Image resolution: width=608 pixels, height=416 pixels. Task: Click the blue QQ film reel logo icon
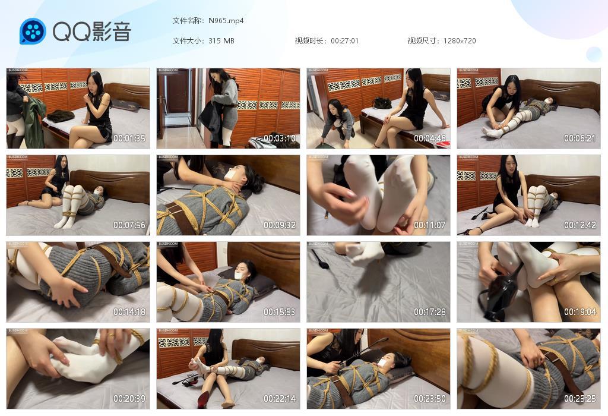(x=33, y=31)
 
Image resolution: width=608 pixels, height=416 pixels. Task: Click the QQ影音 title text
(x=92, y=31)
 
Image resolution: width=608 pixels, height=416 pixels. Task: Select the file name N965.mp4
(x=226, y=21)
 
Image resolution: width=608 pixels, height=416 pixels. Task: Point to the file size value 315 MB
(x=221, y=41)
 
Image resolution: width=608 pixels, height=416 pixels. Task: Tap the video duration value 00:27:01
(x=344, y=41)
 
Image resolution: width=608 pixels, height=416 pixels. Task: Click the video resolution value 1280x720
(x=460, y=41)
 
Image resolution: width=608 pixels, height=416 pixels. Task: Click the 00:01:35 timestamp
(x=129, y=138)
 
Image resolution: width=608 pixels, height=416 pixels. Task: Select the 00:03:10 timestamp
(x=280, y=138)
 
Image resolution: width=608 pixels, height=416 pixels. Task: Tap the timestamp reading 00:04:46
(x=430, y=138)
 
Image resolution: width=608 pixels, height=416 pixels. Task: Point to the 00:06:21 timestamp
(x=579, y=138)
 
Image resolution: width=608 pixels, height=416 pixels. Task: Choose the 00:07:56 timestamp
(x=129, y=225)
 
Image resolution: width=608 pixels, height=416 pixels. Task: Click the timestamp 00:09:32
(x=280, y=225)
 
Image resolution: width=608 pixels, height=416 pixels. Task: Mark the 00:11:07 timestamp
(x=430, y=225)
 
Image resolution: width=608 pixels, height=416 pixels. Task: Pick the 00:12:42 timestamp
(x=579, y=225)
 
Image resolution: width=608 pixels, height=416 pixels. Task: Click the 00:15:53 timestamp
(x=280, y=312)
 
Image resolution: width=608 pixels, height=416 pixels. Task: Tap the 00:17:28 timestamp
(x=430, y=312)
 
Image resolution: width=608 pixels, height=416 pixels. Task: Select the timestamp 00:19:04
(x=579, y=312)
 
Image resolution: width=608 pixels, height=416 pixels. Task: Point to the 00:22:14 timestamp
(x=280, y=399)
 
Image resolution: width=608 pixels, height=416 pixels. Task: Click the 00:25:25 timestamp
(x=579, y=399)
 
